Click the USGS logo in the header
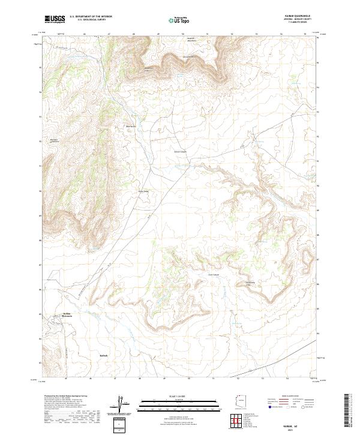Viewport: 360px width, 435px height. click(55, 19)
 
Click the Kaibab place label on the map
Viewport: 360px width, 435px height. click(103, 356)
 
